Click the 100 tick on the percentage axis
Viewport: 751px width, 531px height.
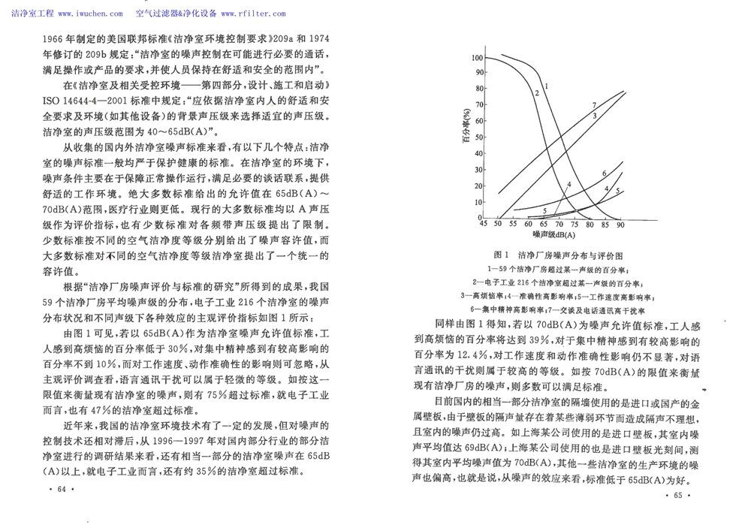(477, 58)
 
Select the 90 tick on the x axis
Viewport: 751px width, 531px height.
(620, 225)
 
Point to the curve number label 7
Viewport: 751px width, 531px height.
(593, 104)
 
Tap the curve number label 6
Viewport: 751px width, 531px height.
(603, 174)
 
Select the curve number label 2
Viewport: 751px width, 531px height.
(538, 92)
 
